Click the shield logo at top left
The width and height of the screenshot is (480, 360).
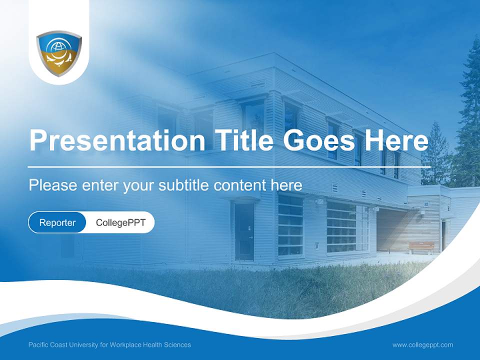59,53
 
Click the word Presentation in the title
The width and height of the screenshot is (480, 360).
117,140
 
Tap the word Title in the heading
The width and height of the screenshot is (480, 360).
243,140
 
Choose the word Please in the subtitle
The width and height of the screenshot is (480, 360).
53,185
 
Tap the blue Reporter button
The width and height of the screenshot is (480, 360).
57,222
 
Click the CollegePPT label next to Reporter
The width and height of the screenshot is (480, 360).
120,222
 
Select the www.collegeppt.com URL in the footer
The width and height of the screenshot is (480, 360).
422,345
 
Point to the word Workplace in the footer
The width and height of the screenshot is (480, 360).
122,344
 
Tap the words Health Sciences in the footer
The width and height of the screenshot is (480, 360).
164,344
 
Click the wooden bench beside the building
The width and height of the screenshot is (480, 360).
421,247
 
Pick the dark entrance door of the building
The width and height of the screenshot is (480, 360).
244,231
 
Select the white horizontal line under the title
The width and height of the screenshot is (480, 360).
229,167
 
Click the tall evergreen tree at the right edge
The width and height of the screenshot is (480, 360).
467,116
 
